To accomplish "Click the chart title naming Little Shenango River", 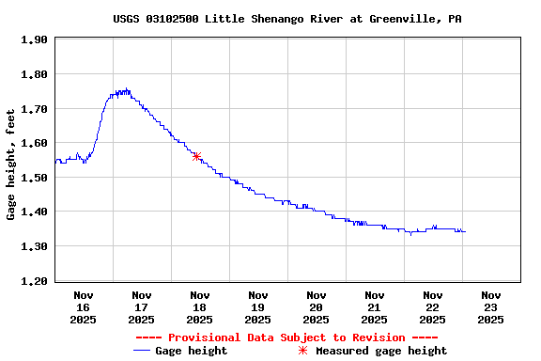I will pyautogui.click(x=286, y=19).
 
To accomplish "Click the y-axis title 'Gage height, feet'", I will pyautogui.click(x=11, y=165).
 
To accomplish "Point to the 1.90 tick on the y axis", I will pyautogui.click(x=34, y=39).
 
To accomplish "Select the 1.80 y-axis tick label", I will pyautogui.click(x=34, y=74).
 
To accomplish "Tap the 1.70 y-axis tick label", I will pyautogui.click(x=34, y=109).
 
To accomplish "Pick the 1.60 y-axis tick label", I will pyautogui.click(x=34, y=143).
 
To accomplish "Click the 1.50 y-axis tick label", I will pyautogui.click(x=34, y=178).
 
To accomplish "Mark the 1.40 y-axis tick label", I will pyautogui.click(x=34, y=212).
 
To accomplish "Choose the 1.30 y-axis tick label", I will pyautogui.click(x=34, y=246).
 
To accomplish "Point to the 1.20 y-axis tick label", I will pyautogui.click(x=34, y=281).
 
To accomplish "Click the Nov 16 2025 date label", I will pyautogui.click(x=83, y=306).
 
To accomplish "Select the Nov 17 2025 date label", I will pyautogui.click(x=141, y=306).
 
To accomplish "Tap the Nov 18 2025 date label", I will pyautogui.click(x=199, y=306).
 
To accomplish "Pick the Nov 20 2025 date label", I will pyautogui.click(x=316, y=306).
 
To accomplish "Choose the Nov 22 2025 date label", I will pyautogui.click(x=432, y=306).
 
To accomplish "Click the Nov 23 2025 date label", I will pyautogui.click(x=490, y=306).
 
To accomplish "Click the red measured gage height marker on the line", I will pyautogui.click(x=196, y=156).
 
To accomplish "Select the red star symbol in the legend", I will pyautogui.click(x=302, y=351).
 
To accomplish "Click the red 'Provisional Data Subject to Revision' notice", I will pyautogui.click(x=286, y=337).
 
